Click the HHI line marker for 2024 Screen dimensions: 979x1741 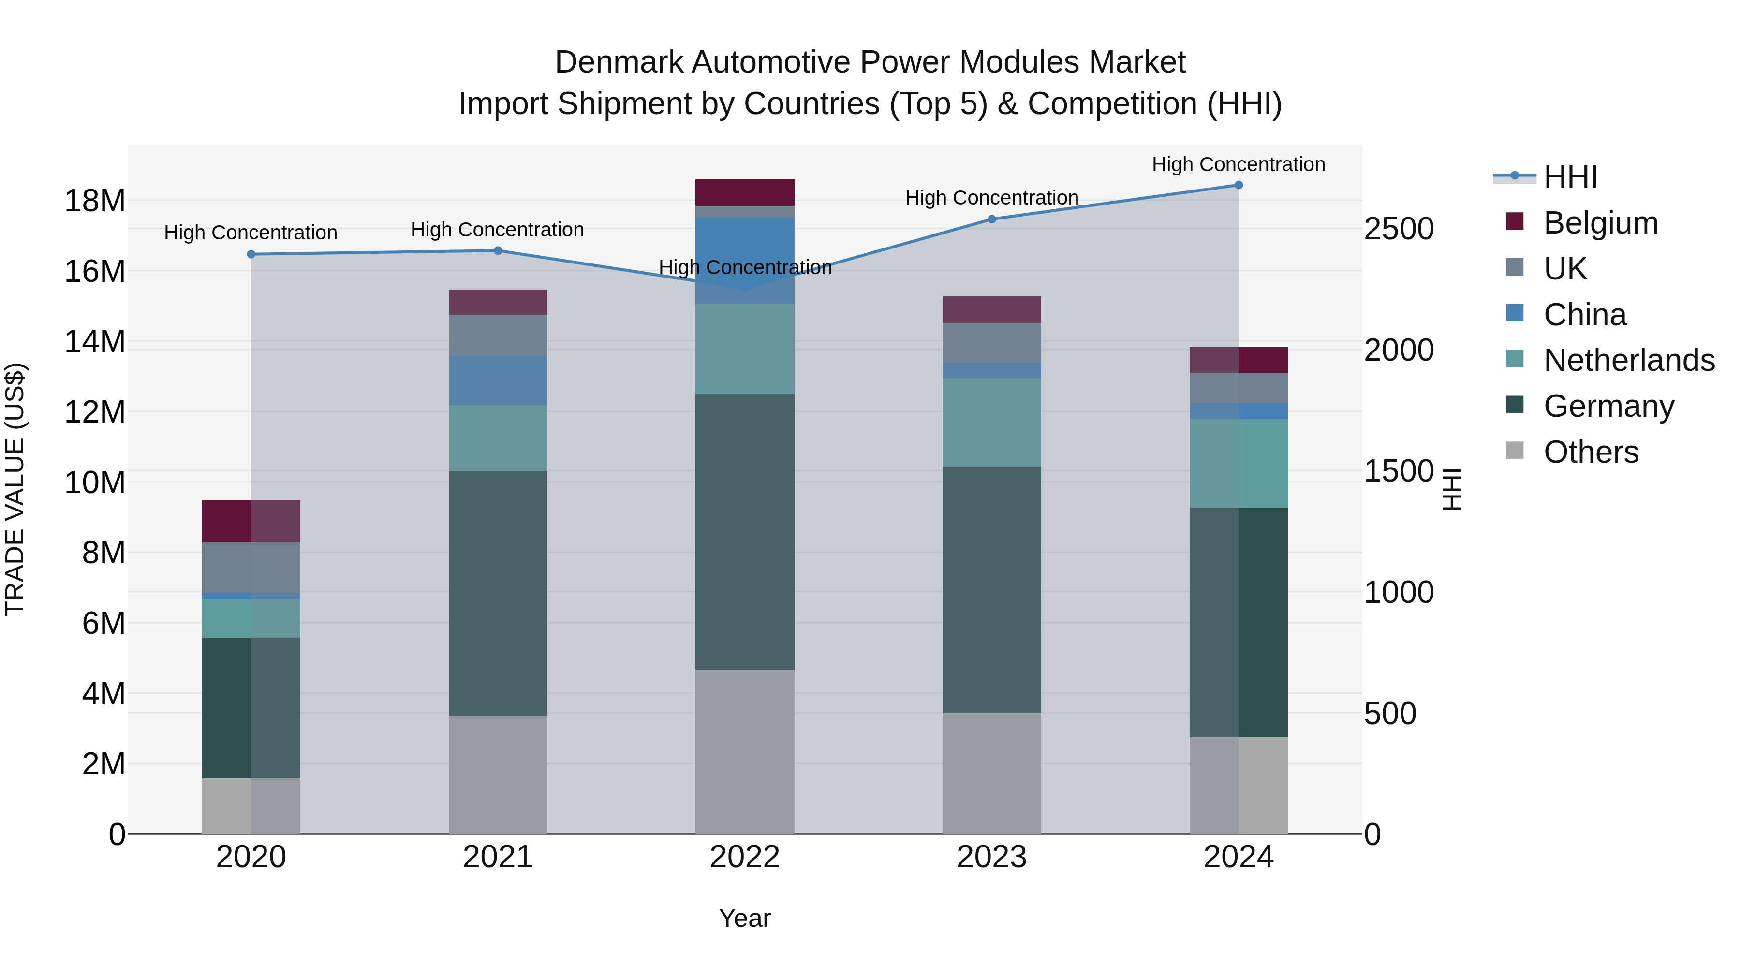(x=1238, y=185)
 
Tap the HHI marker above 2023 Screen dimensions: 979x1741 (x=991, y=219)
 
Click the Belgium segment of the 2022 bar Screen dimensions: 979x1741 (x=745, y=192)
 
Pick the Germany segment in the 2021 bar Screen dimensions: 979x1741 (x=498, y=593)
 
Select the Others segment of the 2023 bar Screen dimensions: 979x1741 (x=991, y=773)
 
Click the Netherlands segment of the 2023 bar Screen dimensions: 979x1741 (x=991, y=422)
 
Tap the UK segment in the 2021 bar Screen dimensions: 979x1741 (x=498, y=335)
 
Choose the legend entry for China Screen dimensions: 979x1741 (x=1585, y=315)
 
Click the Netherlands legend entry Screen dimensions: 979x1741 (x=1629, y=360)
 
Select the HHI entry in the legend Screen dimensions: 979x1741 (x=1570, y=177)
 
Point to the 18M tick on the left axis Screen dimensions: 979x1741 (x=95, y=201)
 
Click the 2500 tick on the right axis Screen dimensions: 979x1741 (x=1398, y=229)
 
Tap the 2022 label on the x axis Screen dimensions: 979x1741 (x=745, y=857)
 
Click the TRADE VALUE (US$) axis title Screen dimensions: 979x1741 (x=15, y=489)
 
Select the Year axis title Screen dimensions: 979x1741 (x=745, y=918)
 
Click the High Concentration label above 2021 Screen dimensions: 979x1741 (x=498, y=230)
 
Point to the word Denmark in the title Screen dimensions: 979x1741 (x=620, y=62)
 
